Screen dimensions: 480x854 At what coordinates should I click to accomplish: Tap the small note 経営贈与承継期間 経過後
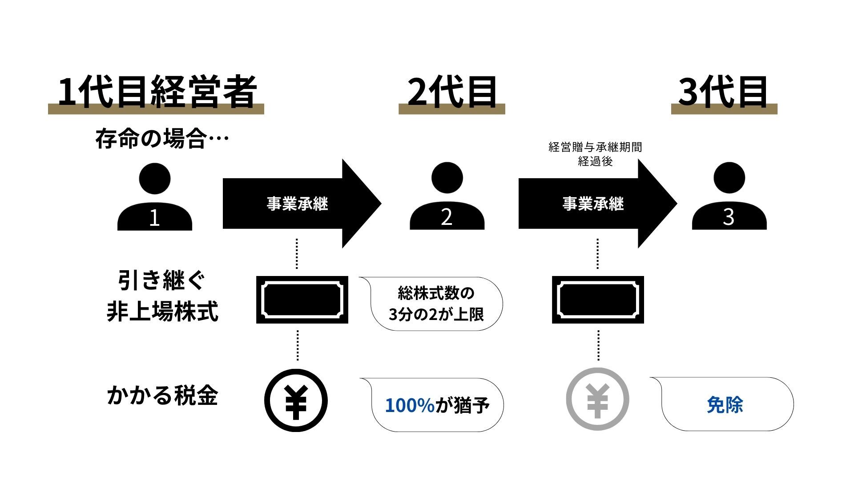click(x=595, y=154)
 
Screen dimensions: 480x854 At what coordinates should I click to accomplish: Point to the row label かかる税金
click(x=162, y=395)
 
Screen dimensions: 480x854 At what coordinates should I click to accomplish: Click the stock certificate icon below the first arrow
click(x=302, y=300)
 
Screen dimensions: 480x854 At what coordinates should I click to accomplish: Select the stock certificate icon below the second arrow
click(x=598, y=300)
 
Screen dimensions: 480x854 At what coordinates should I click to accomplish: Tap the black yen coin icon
click(x=296, y=400)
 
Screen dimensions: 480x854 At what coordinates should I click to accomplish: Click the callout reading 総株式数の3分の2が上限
click(x=436, y=304)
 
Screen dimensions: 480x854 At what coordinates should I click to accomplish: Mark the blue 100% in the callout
click(x=409, y=405)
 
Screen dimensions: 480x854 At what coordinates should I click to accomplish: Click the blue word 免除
click(x=725, y=405)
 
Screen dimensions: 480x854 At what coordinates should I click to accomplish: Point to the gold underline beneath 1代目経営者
click(x=156, y=110)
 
